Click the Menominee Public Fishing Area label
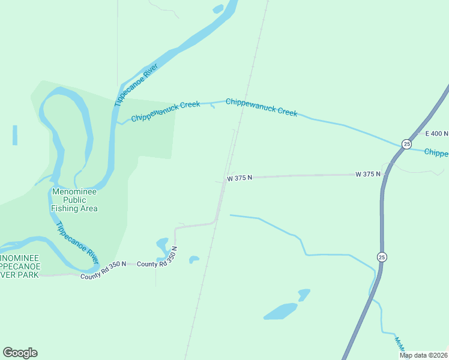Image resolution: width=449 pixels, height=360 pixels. (74, 200)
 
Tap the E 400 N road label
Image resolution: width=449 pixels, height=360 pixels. (436, 133)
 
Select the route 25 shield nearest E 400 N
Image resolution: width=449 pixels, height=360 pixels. (406, 145)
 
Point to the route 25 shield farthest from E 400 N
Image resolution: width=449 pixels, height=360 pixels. (382, 257)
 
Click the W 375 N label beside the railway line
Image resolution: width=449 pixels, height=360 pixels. (240, 178)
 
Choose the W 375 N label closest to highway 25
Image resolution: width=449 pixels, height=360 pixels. (368, 174)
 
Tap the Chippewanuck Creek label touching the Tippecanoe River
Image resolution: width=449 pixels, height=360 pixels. (165, 111)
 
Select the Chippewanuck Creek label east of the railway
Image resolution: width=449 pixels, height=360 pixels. (261, 107)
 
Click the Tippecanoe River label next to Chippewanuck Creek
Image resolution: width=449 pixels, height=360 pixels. (136, 85)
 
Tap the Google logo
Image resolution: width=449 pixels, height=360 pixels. (20, 353)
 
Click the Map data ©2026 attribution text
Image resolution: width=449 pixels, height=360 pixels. (423, 355)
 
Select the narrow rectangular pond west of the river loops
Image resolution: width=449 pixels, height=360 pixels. (14, 135)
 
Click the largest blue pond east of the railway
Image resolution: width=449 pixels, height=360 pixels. (280, 311)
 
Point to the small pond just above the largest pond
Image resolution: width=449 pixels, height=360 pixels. (304, 294)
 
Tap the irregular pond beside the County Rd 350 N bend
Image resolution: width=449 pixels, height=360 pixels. (162, 245)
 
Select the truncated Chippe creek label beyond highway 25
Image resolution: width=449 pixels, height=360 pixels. (436, 152)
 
